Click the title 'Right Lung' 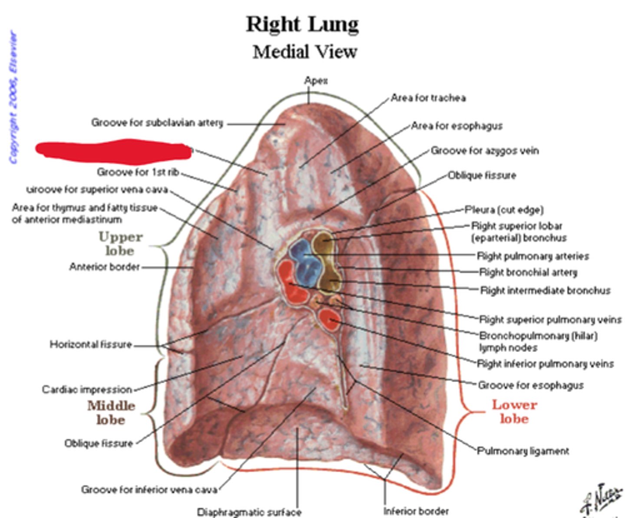click(x=303, y=24)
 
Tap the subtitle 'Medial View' click(x=305, y=52)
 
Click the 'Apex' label click(x=316, y=80)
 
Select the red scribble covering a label click(x=114, y=150)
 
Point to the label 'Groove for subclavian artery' click(x=157, y=123)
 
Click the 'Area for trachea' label click(x=428, y=98)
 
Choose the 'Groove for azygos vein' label click(x=484, y=151)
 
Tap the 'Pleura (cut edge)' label click(x=504, y=210)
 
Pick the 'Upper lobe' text click(x=120, y=244)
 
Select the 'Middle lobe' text click(x=111, y=412)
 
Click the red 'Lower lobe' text click(x=514, y=412)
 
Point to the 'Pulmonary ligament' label click(x=523, y=451)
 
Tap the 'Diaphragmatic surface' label click(x=249, y=512)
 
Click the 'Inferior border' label click(x=416, y=511)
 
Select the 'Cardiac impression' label click(x=87, y=389)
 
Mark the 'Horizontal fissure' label click(x=91, y=345)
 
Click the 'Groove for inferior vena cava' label click(x=149, y=490)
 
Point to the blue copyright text click(x=14, y=98)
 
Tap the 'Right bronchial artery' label click(x=528, y=272)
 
